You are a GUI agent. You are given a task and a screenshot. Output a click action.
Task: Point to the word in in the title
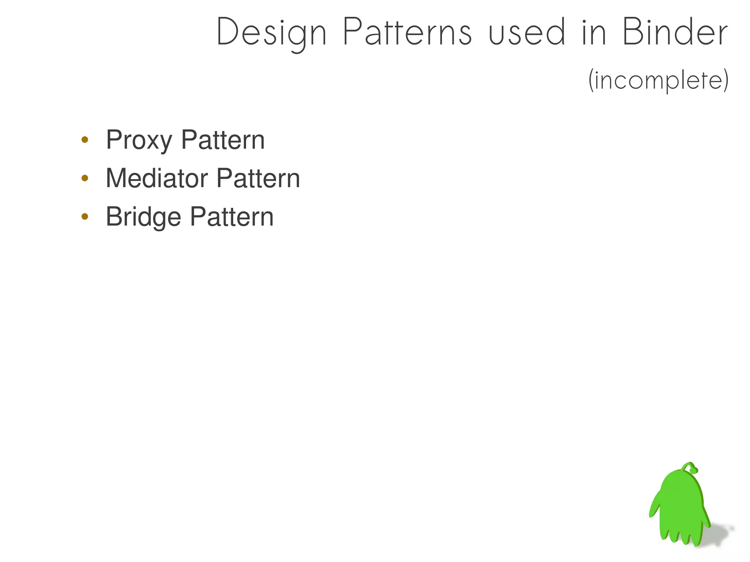point(594,32)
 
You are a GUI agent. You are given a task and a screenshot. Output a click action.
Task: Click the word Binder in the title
point(675,32)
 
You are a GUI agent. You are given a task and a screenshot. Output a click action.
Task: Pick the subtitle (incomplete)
point(658,81)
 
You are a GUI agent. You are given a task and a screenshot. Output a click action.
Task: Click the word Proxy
point(139,140)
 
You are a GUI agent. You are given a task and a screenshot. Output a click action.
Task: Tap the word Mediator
point(156,178)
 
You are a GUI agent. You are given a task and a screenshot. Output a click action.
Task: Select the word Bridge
point(143,217)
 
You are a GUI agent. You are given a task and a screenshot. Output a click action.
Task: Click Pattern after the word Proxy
point(223,140)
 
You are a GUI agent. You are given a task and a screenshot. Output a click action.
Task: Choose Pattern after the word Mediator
point(258,178)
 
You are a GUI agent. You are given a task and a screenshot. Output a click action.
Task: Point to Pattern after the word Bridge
point(231,217)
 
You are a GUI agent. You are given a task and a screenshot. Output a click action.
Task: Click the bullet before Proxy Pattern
point(85,139)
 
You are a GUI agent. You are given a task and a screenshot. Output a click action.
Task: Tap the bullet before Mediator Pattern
point(85,178)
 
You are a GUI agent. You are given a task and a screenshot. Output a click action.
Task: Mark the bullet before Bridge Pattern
point(85,217)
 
